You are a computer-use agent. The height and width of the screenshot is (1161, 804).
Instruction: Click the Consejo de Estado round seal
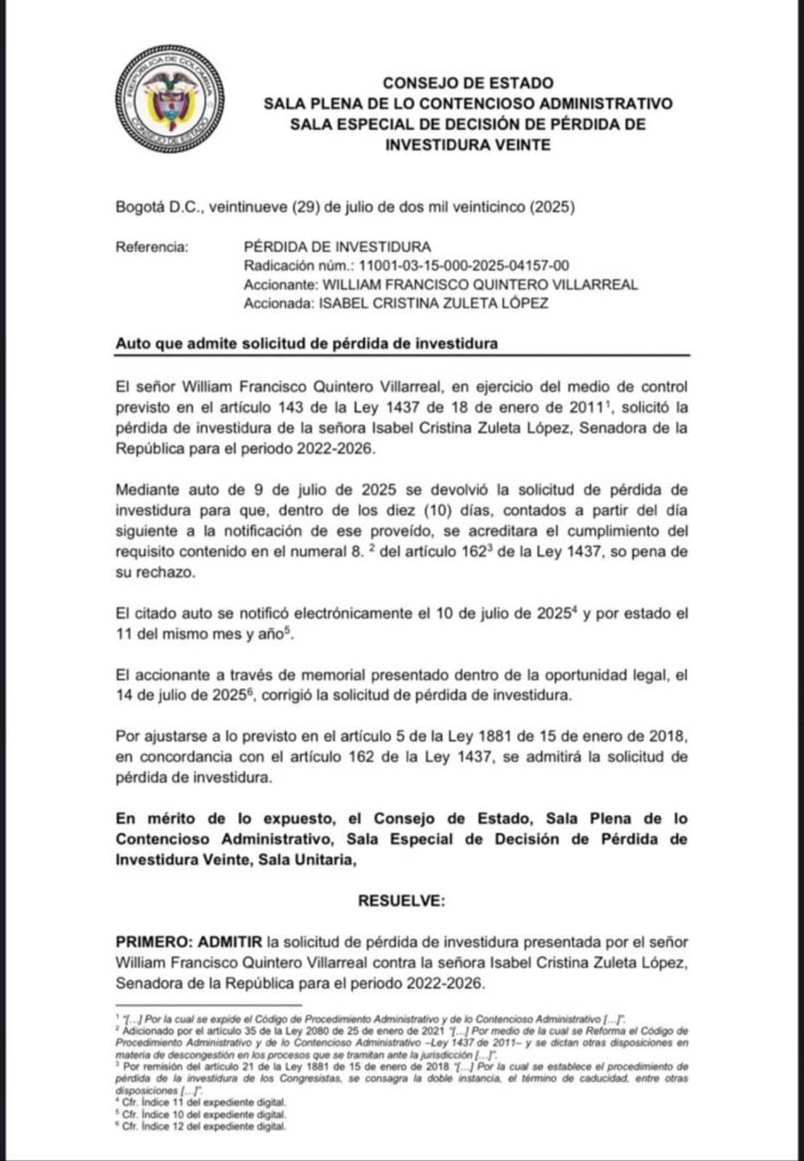[x=170, y=99]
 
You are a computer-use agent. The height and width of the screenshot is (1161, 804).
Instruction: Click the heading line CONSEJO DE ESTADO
[x=468, y=83]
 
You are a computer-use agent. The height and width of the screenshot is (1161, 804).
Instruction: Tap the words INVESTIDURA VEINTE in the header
[x=468, y=145]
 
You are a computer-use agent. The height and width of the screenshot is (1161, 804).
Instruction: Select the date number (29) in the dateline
[x=305, y=208]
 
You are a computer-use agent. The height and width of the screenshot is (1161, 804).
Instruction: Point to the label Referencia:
[x=152, y=247]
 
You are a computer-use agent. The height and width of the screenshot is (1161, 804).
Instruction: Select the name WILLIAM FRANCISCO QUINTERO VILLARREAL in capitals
[x=480, y=284]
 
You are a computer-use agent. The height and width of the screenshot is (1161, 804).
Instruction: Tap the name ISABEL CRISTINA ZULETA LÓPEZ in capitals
[x=433, y=303]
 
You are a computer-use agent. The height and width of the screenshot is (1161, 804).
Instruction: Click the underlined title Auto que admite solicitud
[x=306, y=344]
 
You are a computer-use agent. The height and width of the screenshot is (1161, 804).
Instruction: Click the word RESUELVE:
[x=401, y=901]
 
